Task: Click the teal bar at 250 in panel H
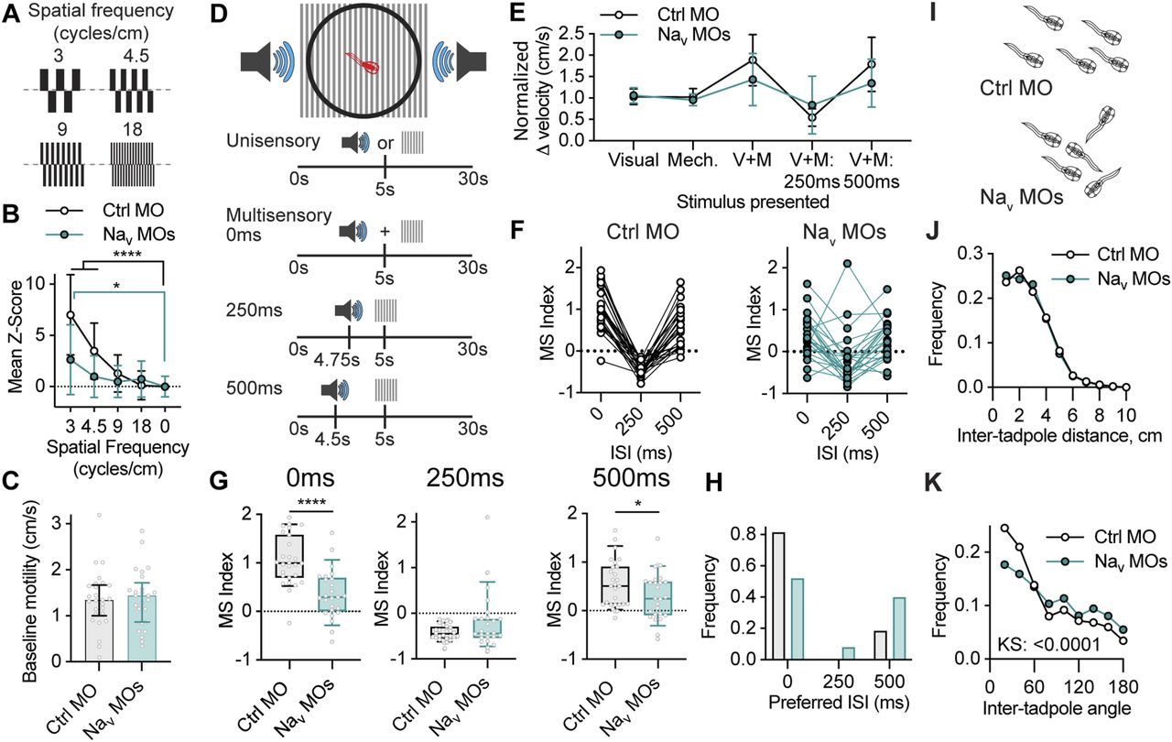(x=849, y=652)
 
